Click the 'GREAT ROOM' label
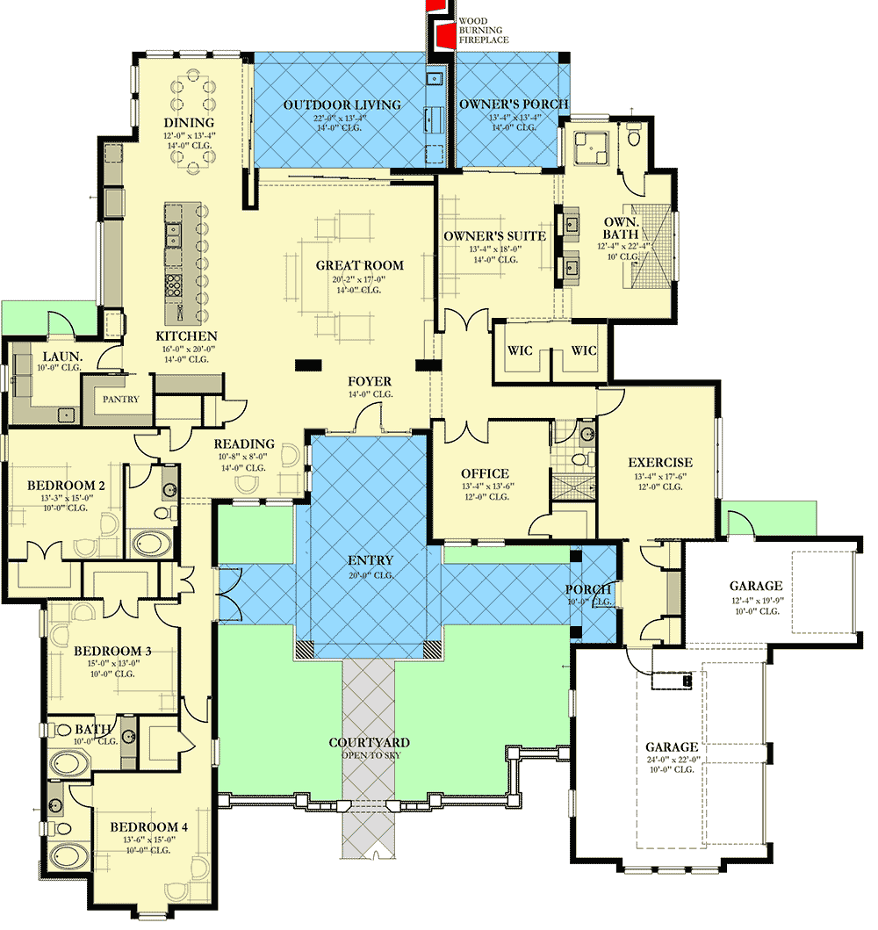(x=360, y=265)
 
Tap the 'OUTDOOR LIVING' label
(x=342, y=105)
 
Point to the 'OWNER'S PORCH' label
(x=514, y=105)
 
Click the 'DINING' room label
(x=189, y=122)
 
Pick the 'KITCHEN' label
(x=186, y=336)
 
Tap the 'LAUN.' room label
(x=62, y=357)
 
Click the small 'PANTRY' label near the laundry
(x=120, y=399)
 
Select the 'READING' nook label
(x=245, y=444)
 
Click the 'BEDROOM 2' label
(x=66, y=486)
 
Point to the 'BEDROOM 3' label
(x=112, y=651)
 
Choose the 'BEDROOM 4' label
(x=148, y=826)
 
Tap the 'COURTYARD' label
(x=369, y=743)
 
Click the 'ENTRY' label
(x=371, y=560)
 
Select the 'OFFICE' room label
(x=486, y=474)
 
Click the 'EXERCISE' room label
(x=660, y=463)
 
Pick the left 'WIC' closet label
(x=521, y=351)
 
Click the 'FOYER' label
(x=370, y=381)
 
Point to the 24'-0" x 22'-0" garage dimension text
(x=673, y=760)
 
